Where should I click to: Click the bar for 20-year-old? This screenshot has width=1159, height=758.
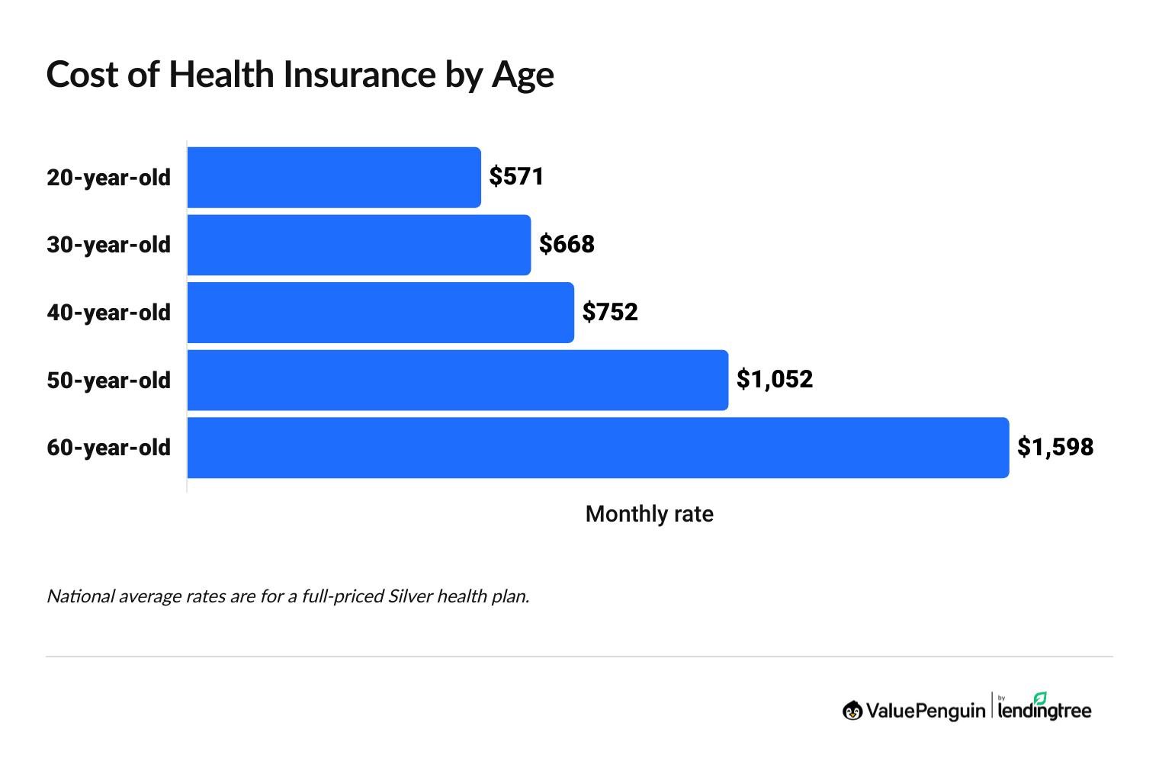tap(334, 177)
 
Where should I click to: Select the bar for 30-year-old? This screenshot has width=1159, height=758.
tap(358, 245)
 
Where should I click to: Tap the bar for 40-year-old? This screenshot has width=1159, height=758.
tap(380, 313)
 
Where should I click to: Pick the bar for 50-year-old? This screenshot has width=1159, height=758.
tap(457, 380)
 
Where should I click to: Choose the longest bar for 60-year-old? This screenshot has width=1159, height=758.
tap(598, 448)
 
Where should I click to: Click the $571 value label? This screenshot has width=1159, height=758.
tap(516, 177)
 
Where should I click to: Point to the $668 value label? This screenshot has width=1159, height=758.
tap(567, 245)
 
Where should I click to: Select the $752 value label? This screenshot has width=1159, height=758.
tap(610, 313)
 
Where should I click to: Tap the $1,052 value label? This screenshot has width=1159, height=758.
tap(775, 380)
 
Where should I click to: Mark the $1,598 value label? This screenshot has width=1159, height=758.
tap(1055, 448)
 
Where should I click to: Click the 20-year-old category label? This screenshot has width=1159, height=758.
tap(109, 178)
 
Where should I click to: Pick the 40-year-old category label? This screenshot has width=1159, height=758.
tap(109, 313)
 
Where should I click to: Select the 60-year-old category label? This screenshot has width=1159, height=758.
tap(109, 448)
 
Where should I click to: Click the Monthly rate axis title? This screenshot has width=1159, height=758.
tap(649, 514)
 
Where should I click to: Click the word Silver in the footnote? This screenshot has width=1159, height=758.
tap(410, 596)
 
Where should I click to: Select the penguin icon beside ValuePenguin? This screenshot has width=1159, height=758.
tap(852, 711)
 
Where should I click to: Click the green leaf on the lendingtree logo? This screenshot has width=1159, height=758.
tap(1040, 698)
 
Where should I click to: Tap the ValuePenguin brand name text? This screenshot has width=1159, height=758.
tap(925, 711)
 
